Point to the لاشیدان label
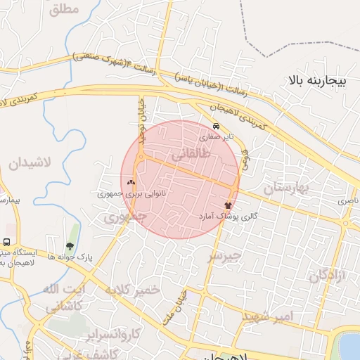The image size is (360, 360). click(30, 163)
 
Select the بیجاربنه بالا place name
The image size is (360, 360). click(318, 82)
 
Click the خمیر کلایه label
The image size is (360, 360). click(134, 290)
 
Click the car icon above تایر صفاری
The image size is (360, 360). click(216, 127)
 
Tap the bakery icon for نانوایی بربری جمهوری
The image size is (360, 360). click(131, 182)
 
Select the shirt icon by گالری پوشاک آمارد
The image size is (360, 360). click(228, 205)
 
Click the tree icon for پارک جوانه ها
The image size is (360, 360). click(70, 246)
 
